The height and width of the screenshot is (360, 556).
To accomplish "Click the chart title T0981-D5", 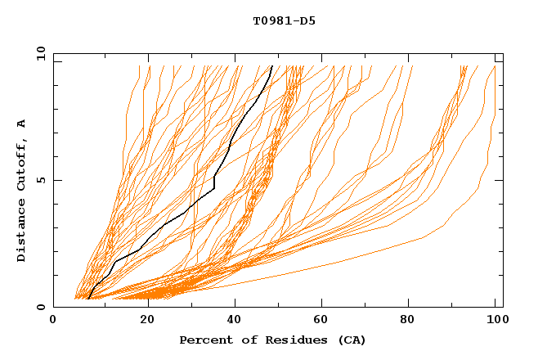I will pos(284,21).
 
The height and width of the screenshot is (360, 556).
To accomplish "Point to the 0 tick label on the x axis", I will pos(53,320).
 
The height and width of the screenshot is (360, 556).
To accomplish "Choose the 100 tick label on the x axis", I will pos(495,320).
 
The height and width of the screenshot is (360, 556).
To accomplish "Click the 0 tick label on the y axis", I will pos(41,307).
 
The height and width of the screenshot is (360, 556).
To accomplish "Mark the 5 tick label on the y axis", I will pos(41,180).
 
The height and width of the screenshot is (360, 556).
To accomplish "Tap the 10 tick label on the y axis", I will pos(39,53).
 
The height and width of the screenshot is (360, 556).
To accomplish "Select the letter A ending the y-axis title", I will pos(21,124).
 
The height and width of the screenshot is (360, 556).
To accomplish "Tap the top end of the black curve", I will pos(271,65).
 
